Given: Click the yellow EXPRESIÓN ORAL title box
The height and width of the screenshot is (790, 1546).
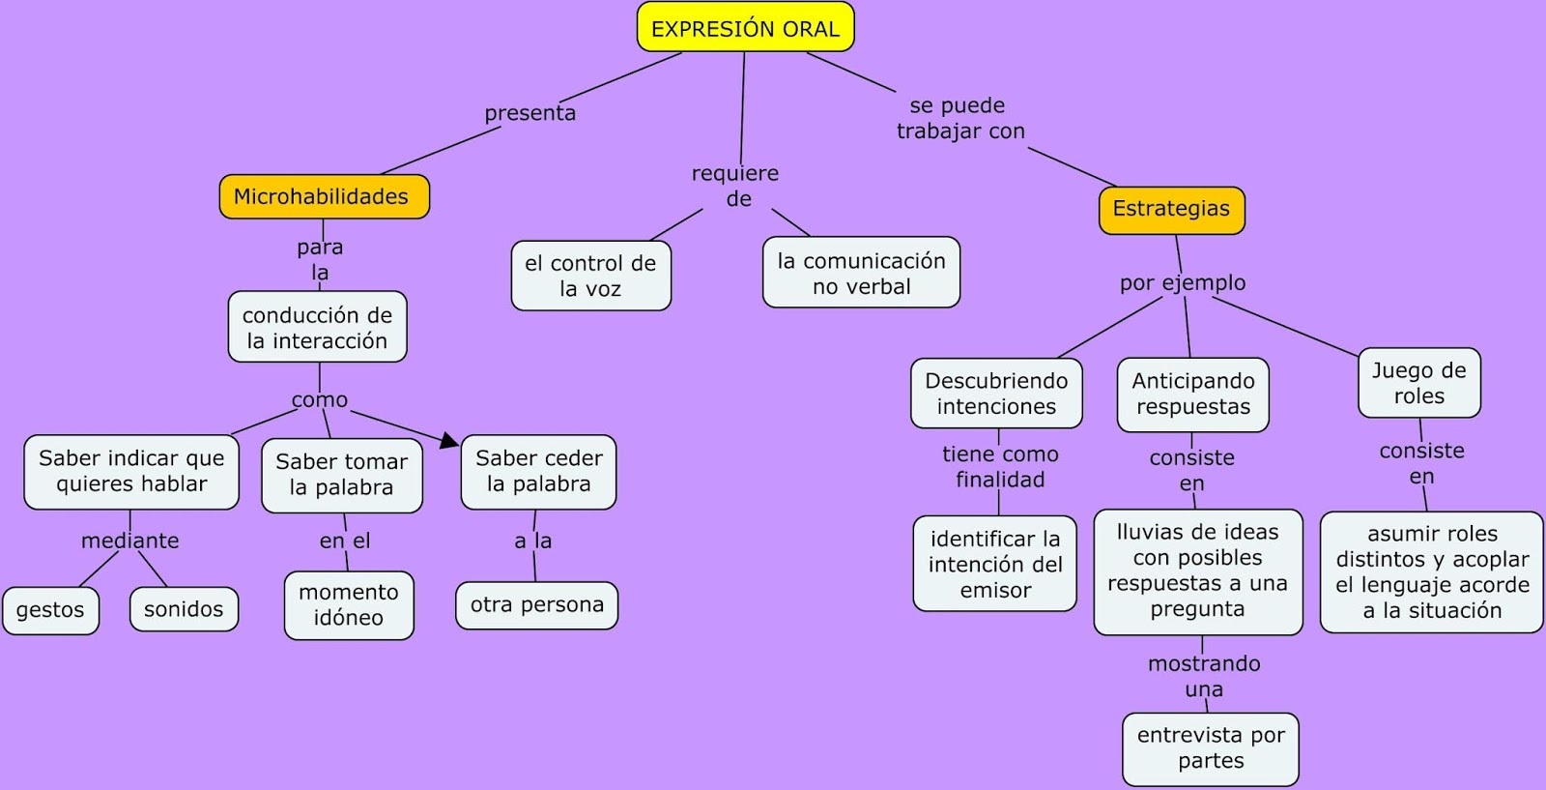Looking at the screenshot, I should (x=745, y=28).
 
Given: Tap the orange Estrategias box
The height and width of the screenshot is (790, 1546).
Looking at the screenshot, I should (x=1171, y=210).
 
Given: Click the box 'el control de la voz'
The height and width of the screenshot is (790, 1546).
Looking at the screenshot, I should (x=590, y=276).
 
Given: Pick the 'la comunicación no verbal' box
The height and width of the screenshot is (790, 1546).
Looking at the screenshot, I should (x=861, y=273).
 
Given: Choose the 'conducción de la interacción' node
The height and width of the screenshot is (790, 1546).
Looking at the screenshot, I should (x=317, y=327).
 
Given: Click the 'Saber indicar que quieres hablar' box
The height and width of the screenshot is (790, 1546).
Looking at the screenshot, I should (x=131, y=471).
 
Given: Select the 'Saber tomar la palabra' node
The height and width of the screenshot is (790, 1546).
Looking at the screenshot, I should (x=341, y=474).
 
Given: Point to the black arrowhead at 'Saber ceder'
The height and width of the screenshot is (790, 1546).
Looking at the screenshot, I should (x=450, y=441).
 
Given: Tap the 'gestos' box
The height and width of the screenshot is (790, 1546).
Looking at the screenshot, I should (x=50, y=610).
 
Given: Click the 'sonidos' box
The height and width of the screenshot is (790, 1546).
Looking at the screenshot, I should (x=184, y=609).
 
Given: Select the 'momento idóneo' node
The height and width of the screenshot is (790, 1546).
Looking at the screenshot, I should (x=349, y=605).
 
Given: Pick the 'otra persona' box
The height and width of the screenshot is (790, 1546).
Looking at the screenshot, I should (x=536, y=605).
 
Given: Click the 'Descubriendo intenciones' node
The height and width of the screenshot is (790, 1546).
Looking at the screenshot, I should (x=996, y=394).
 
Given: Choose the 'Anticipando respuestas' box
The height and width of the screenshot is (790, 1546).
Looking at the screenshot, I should (x=1192, y=394).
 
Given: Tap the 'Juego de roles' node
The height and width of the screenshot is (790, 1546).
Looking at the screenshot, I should (x=1418, y=383).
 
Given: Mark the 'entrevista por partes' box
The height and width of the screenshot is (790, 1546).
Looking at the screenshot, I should (x=1211, y=748).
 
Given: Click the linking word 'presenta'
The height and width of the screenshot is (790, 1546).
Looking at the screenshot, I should (x=530, y=113).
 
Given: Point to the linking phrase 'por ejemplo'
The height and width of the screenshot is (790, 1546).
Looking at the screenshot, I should (x=1183, y=283).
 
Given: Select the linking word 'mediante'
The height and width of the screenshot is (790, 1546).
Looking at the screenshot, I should (x=130, y=541).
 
